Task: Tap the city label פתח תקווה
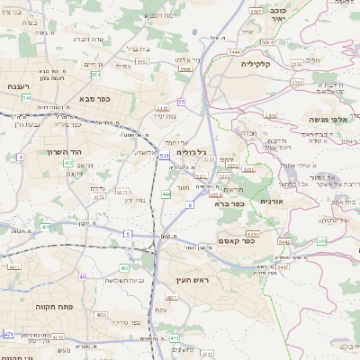point(35,306)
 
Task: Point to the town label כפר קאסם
point(236,240)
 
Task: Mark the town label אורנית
point(272,202)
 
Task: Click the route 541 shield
point(26,96)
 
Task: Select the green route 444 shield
point(166,193)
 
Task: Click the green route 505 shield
point(322,241)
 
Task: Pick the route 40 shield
point(83,276)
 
